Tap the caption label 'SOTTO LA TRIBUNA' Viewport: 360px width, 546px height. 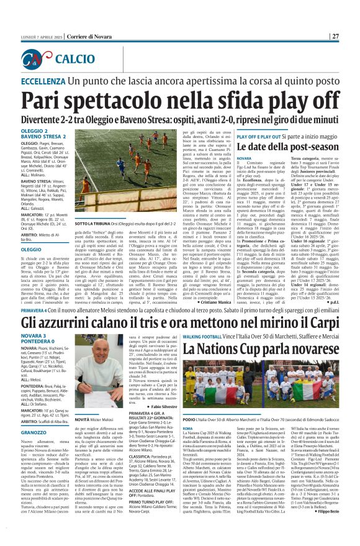pyautogui.click(x=90, y=223)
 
